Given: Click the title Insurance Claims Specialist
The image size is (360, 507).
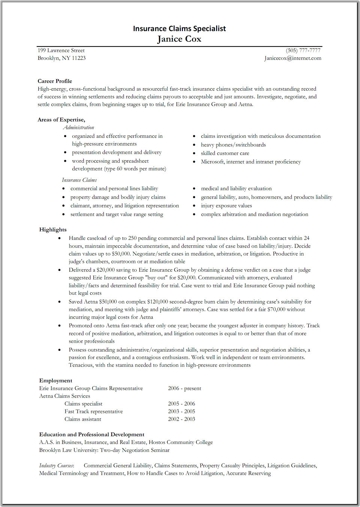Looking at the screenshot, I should pyautogui.click(x=179, y=29).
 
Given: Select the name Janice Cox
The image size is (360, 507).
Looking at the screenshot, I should pyautogui.click(x=179, y=39).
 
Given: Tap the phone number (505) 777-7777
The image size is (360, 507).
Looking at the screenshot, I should pyautogui.click(x=303, y=50).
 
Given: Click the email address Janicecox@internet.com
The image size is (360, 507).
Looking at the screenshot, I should pyautogui.click(x=292, y=58).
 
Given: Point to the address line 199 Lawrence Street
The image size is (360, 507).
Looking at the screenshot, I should pyautogui.click(x=61, y=50).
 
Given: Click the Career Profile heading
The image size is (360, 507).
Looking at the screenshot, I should pyautogui.click(x=55, y=81).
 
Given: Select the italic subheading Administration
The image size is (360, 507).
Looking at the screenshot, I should pyautogui.click(x=78, y=128).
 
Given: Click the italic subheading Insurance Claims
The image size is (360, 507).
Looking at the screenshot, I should pyautogui.click(x=79, y=180).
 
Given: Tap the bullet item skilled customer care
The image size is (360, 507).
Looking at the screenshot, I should pyautogui.click(x=225, y=153).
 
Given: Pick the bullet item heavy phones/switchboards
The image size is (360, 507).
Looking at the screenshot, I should pyautogui.click(x=233, y=145).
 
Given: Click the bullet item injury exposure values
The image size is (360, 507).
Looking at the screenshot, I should pyautogui.click(x=226, y=206).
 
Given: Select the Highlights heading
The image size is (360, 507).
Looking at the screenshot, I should pyautogui.click(x=53, y=230).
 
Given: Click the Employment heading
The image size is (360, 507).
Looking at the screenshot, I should pyautogui.click(x=55, y=381).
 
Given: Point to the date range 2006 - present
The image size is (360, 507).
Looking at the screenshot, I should pyautogui.click(x=184, y=388).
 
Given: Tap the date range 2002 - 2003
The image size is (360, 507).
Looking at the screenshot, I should pyautogui.click(x=181, y=419).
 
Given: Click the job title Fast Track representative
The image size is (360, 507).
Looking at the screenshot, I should pyautogui.click(x=93, y=412).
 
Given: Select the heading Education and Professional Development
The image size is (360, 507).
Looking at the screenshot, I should pyautogui.click(x=91, y=435).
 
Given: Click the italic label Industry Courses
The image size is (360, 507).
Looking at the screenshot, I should pyautogui.click(x=56, y=466).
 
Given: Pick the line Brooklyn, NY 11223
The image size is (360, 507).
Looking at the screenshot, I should pyautogui.click(x=61, y=58).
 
